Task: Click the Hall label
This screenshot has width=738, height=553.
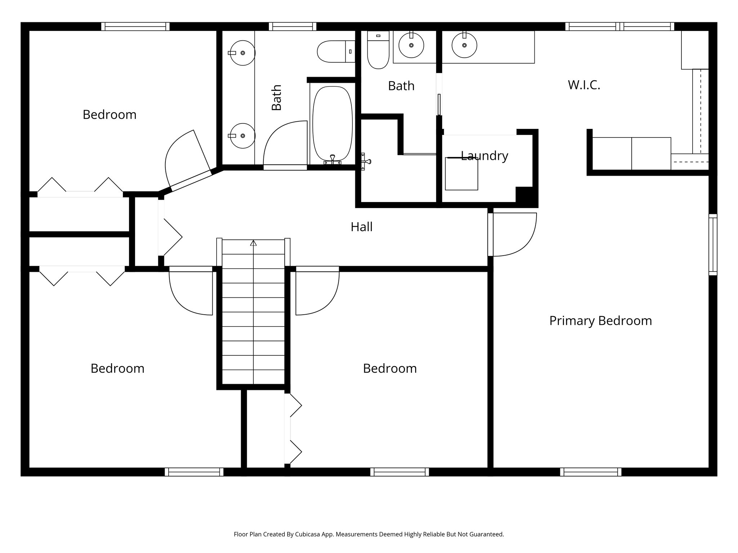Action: (x=361, y=227)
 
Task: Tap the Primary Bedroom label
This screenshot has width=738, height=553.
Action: (x=600, y=321)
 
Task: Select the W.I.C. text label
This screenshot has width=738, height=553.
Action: (x=584, y=85)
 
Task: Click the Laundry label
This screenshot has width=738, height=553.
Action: (x=484, y=156)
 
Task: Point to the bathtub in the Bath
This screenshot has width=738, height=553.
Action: (x=332, y=123)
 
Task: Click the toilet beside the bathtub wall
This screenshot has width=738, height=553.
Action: (x=335, y=51)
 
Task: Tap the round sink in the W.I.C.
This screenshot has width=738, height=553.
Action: (x=464, y=45)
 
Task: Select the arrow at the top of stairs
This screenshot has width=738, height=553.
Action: (x=253, y=243)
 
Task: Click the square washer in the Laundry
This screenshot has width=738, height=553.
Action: (x=461, y=174)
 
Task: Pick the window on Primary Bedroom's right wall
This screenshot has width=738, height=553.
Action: (x=713, y=244)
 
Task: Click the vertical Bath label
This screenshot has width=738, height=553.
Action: (x=276, y=97)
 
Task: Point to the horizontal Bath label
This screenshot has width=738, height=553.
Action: (x=401, y=86)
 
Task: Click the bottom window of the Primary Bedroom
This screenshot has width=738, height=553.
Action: (x=591, y=472)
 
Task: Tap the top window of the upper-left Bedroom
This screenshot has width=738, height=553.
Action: (x=135, y=26)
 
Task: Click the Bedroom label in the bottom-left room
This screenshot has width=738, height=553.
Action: (x=117, y=368)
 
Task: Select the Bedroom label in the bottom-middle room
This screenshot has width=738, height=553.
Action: (x=390, y=368)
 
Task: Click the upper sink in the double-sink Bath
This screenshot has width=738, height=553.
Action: (x=242, y=53)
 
